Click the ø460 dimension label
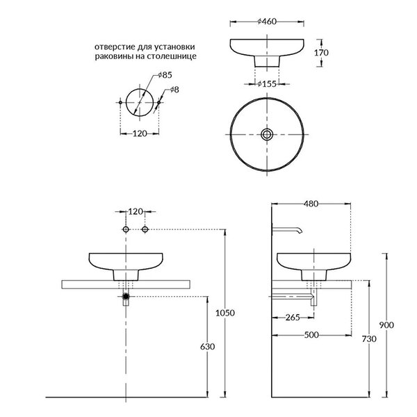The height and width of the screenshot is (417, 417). (267, 22)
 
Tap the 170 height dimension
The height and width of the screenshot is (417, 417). (321, 53)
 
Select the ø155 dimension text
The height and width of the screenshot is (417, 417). (267, 84)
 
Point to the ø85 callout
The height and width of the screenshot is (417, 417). (165, 75)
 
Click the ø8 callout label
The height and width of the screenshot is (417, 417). (174, 90)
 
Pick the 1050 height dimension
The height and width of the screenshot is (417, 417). (225, 313)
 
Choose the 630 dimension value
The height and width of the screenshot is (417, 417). (207, 347)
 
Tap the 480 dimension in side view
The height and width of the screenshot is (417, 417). (311, 204)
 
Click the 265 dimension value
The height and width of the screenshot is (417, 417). (293, 318)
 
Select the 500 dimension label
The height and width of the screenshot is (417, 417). (311, 335)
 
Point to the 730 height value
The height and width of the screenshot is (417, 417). (369, 339)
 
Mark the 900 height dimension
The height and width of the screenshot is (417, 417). (386, 325)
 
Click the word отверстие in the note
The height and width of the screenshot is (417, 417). (115, 47)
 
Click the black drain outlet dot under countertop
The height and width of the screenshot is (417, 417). (126, 296)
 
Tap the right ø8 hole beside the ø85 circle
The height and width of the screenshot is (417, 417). (159, 102)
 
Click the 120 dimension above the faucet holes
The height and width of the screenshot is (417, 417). (136, 212)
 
